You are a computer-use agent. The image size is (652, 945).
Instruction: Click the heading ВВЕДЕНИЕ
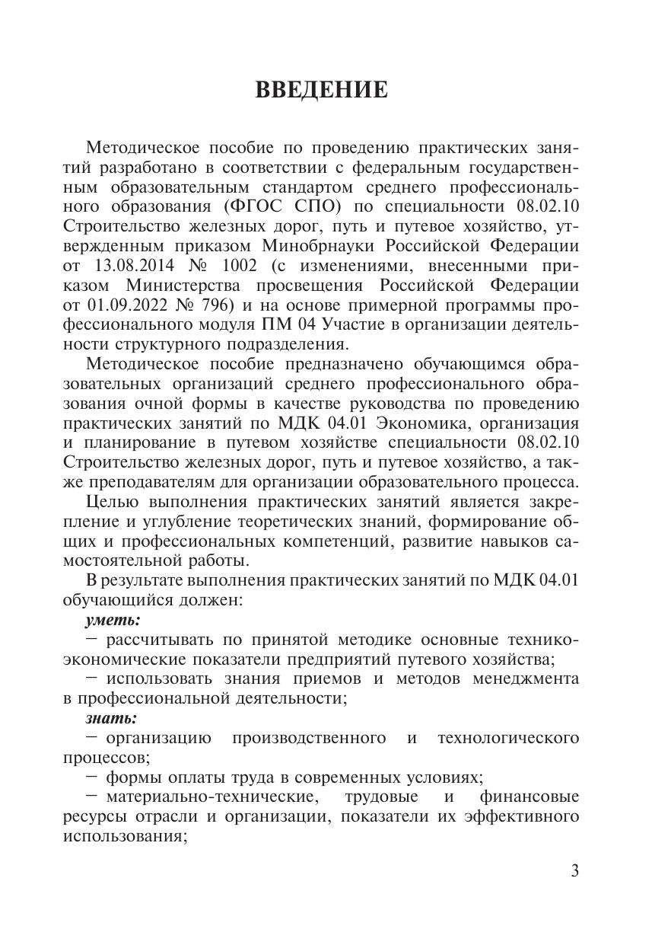[x=321, y=91]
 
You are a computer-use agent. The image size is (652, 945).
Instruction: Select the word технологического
[x=508, y=738]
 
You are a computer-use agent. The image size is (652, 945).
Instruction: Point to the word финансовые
[x=530, y=797]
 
